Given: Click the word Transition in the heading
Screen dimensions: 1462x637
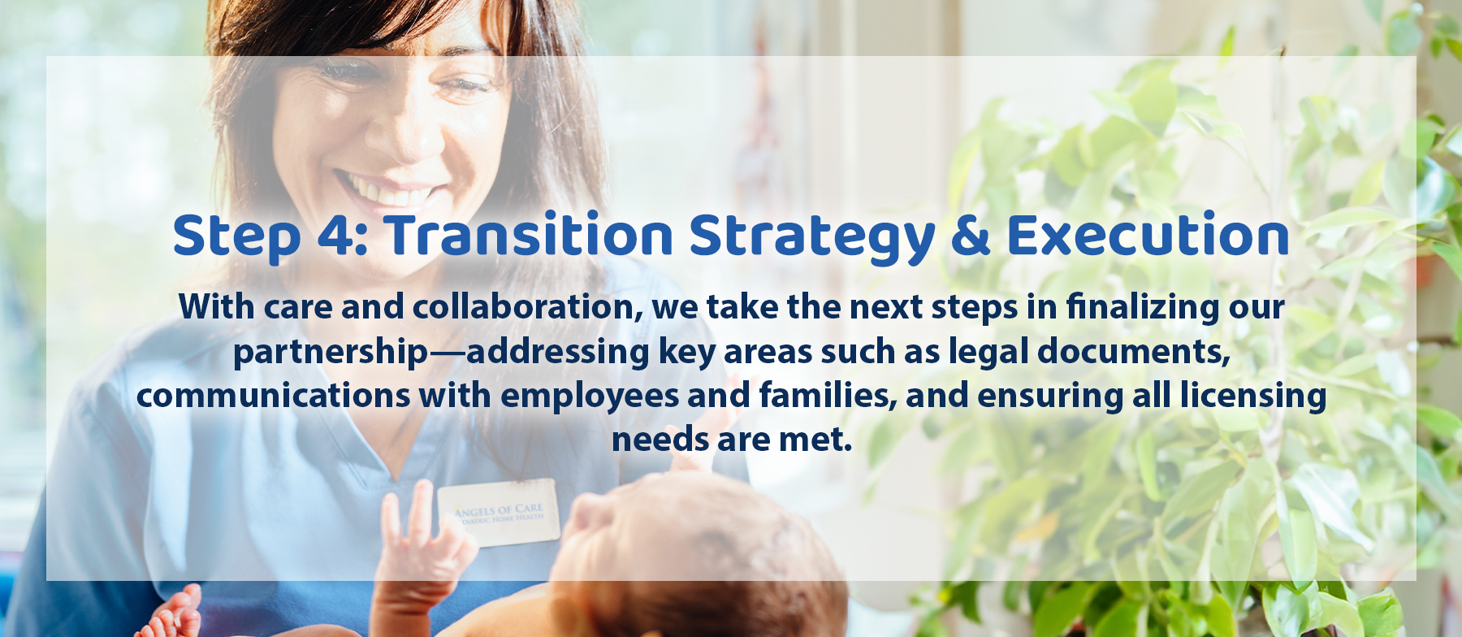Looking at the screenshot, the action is click(529, 235).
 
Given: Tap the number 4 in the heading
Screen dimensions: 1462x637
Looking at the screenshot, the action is click(334, 236).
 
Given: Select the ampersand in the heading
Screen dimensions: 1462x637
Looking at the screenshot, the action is click(970, 236).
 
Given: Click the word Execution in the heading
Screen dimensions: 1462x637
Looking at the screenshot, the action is click(1148, 236).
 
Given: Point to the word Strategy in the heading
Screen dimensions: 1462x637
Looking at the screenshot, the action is click(812, 238).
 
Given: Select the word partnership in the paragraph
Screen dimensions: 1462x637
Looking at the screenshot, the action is click(330, 353).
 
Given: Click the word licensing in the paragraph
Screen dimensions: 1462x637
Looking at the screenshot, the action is click(1253, 396).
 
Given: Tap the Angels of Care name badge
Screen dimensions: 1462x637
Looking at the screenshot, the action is click(499, 513).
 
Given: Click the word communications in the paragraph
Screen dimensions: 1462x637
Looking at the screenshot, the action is click(273, 396).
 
